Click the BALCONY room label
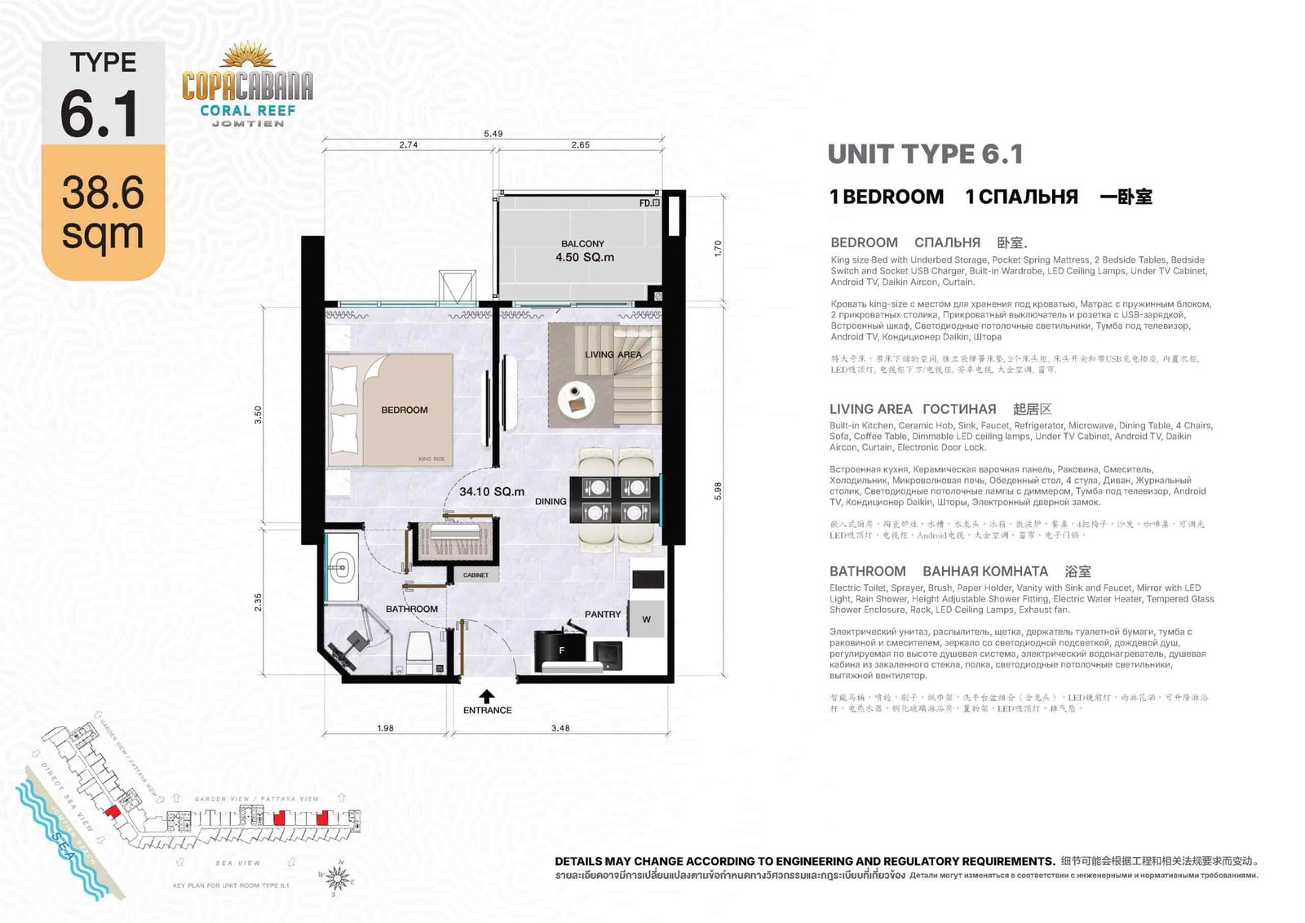click(x=582, y=243)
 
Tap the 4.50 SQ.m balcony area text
click(x=585, y=257)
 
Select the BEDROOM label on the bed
click(x=405, y=410)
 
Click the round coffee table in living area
click(x=576, y=399)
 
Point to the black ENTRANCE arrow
click(x=487, y=696)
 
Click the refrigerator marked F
click(x=561, y=650)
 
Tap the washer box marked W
click(x=646, y=619)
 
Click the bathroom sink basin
click(x=341, y=566)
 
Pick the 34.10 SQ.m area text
click(x=492, y=491)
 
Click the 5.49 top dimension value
click(x=493, y=133)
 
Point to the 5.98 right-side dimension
click(x=718, y=490)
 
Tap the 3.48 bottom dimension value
click(x=560, y=728)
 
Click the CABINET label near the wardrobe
click(x=476, y=575)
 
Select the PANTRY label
click(x=603, y=614)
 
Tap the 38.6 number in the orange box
click(x=103, y=193)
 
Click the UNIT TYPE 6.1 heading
click(x=925, y=154)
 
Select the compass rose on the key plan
click(x=338, y=878)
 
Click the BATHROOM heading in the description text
click(x=867, y=571)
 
